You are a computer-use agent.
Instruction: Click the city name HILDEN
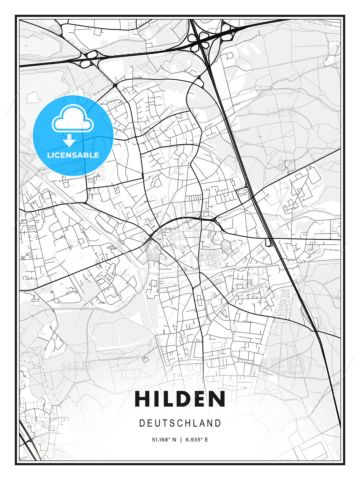[180, 399]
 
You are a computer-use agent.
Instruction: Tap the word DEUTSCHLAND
[180, 423]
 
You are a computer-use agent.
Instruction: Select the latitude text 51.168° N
[164, 440]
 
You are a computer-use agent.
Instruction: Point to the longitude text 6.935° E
[196, 440]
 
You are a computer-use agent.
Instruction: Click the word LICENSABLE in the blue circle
[73, 155]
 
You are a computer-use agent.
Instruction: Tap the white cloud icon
[72, 119]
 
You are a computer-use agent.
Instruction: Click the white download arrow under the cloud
[69, 141]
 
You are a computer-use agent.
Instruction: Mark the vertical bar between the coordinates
[180, 440]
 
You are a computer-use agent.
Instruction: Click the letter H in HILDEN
[142, 399]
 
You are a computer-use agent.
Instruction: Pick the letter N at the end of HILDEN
[218, 399]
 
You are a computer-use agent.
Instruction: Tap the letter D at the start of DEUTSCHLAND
[142, 423]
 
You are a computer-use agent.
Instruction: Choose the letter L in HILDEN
[166, 399]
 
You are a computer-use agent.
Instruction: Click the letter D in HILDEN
[183, 399]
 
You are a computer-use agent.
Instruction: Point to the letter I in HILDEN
[155, 399]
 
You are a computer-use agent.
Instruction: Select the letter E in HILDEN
[200, 399]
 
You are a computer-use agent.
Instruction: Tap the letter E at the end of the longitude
[206, 440]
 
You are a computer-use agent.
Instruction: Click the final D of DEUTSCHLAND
[218, 423]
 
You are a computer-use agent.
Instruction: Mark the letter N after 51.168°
[174, 440]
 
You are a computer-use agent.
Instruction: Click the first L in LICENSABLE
[49, 155]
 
